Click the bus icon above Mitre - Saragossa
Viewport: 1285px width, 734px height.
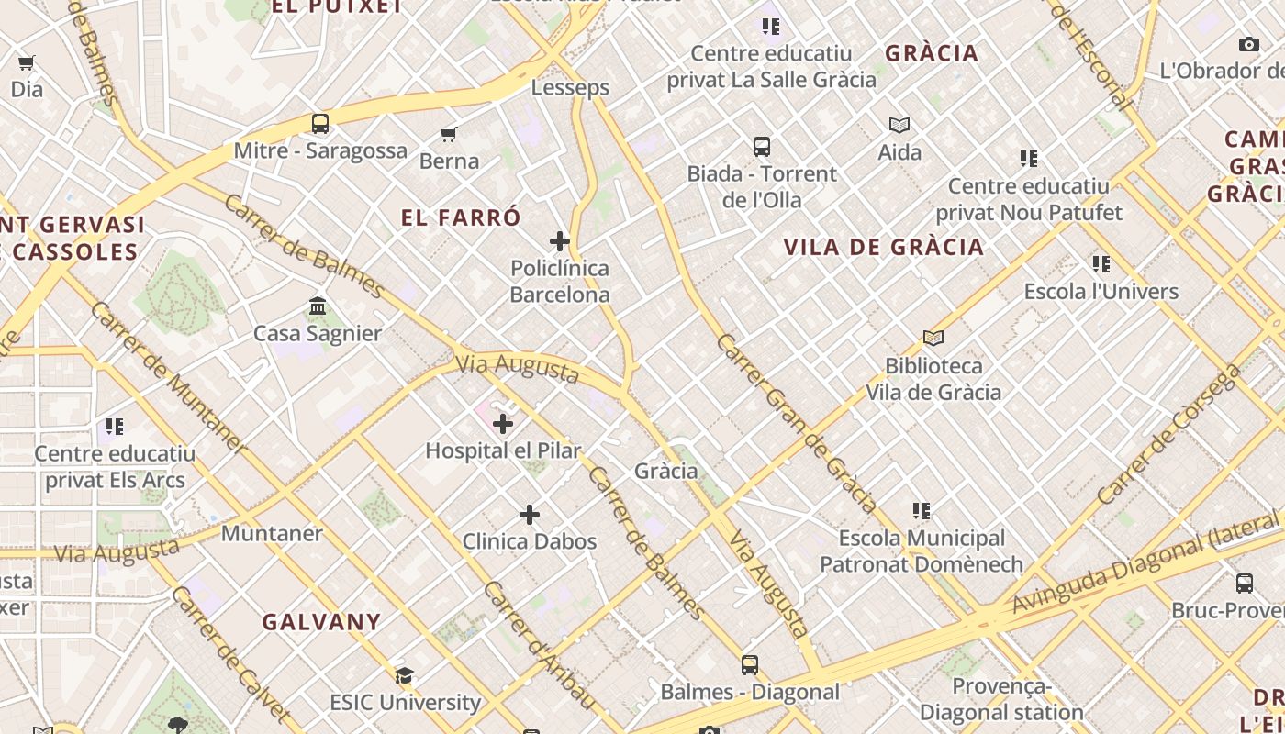click(320, 123)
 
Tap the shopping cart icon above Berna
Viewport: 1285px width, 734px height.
click(449, 135)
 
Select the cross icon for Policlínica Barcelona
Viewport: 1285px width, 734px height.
click(560, 241)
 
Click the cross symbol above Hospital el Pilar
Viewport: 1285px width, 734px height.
click(503, 424)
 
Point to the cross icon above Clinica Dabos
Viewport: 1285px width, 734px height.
click(530, 515)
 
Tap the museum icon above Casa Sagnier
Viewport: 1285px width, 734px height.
click(318, 306)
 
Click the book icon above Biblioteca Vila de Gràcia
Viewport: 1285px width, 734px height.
click(933, 339)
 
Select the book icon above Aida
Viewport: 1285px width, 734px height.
click(899, 125)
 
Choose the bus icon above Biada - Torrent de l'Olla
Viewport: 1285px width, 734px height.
click(762, 147)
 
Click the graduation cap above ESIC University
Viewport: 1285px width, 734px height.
click(404, 676)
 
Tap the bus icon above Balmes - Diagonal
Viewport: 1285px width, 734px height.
click(750, 665)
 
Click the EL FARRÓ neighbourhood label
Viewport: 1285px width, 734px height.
click(461, 217)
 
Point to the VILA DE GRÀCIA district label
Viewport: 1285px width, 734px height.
click(883, 246)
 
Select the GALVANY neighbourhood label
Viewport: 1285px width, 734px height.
click(321, 621)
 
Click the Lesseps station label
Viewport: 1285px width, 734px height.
click(570, 87)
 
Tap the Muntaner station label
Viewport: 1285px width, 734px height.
click(272, 533)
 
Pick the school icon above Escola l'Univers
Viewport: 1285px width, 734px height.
click(1101, 265)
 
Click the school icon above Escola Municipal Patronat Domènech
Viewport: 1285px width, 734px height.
click(922, 511)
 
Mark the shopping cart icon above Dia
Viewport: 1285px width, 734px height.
click(27, 63)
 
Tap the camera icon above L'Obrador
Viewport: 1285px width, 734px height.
click(1248, 44)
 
